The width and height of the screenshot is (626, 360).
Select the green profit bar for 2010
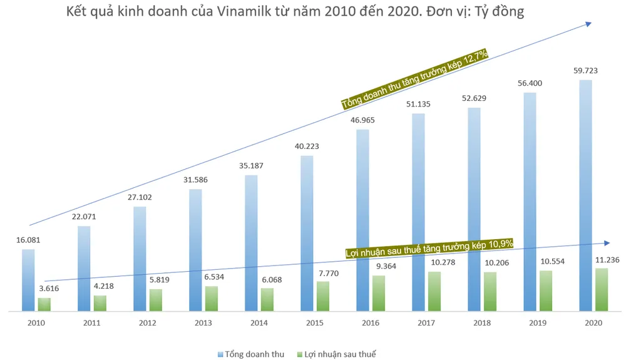44,304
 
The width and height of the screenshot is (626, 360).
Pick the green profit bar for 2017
434,291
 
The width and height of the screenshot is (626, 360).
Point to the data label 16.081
29,240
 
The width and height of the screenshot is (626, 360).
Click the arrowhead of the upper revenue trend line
589,23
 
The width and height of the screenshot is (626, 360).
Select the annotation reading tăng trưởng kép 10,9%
429,248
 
